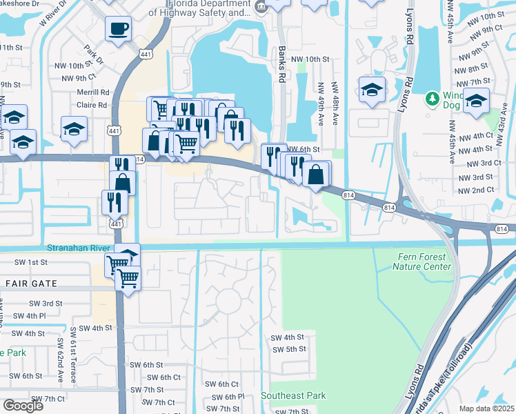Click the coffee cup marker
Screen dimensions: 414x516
pyautogui.click(x=117, y=29)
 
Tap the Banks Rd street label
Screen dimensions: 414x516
pyautogui.click(x=281, y=65)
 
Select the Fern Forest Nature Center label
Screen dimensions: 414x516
pyautogui.click(x=424, y=262)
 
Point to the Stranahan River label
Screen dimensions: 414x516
pyautogui.click(x=76, y=248)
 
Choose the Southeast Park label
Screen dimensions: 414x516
pyautogui.click(x=293, y=395)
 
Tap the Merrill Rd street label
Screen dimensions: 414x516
pyautogui.click(x=95, y=92)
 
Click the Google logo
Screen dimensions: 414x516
pyautogui.click(x=23, y=405)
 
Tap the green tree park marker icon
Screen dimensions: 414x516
pyautogui.click(x=433, y=99)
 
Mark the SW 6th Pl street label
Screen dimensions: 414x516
pyautogui.click(x=228, y=397)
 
